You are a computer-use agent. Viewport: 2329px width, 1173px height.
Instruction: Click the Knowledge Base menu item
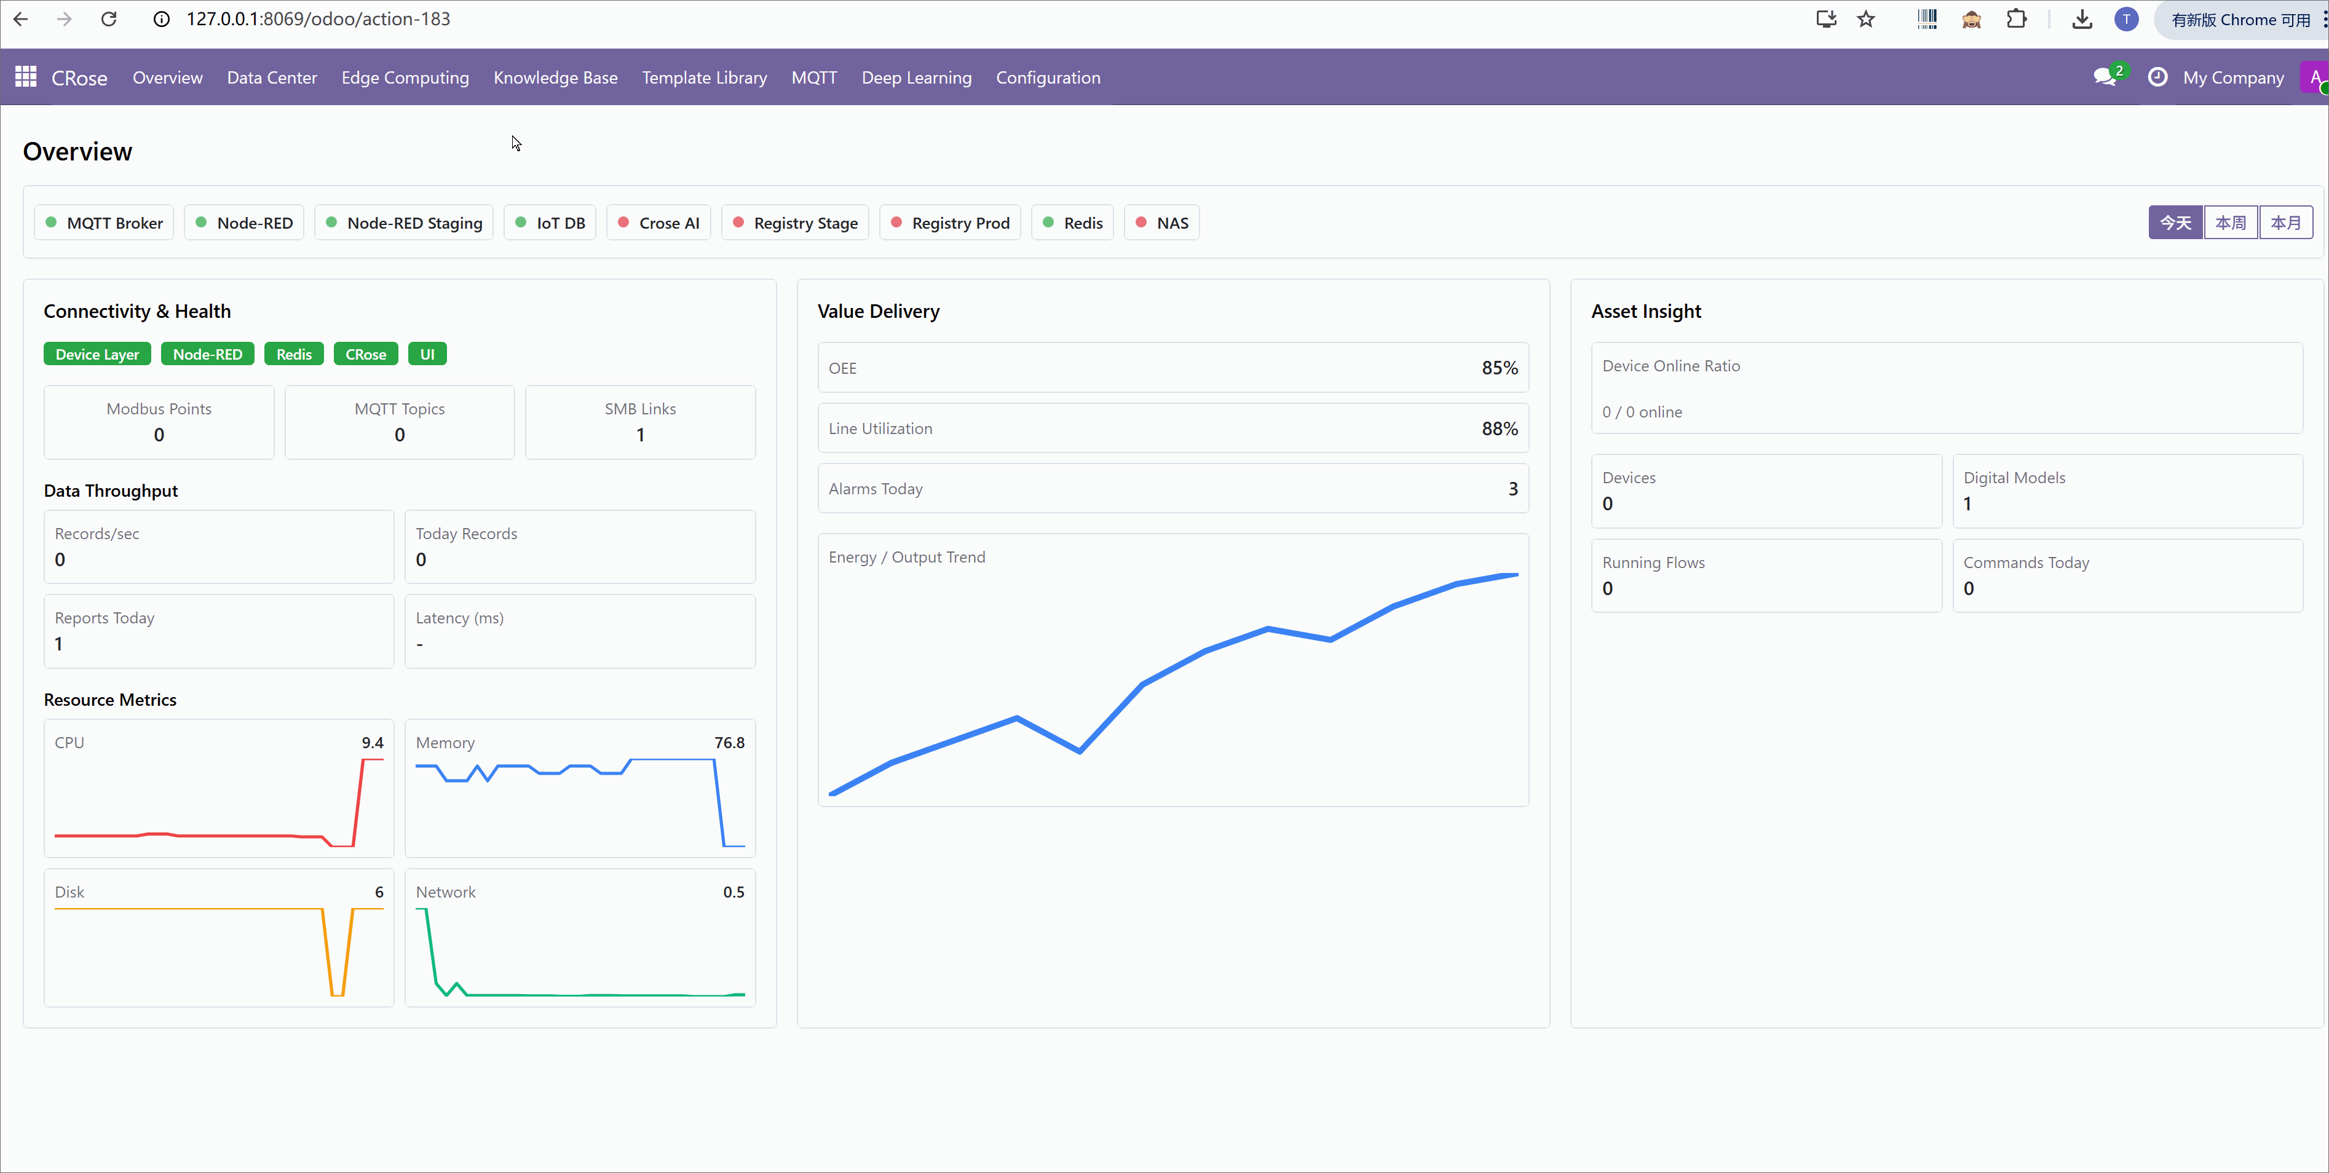click(x=555, y=77)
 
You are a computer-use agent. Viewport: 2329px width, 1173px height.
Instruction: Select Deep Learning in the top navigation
click(x=916, y=77)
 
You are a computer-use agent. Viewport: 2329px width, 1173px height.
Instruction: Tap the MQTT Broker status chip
click(x=104, y=223)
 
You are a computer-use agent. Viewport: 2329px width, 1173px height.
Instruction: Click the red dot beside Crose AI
click(x=623, y=223)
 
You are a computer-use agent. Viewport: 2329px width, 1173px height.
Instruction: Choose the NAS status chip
click(x=1162, y=223)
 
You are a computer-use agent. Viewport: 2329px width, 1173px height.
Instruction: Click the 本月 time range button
click(x=2285, y=223)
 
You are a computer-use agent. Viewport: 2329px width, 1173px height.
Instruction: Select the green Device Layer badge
click(x=97, y=354)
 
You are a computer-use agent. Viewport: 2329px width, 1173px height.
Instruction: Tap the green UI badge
click(x=427, y=354)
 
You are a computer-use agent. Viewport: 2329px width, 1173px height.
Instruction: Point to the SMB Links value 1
click(x=640, y=435)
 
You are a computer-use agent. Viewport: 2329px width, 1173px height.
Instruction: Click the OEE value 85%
click(x=1499, y=368)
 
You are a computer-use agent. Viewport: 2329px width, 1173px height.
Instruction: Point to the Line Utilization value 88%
click(x=1499, y=429)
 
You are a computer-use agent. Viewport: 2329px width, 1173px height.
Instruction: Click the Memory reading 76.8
click(x=729, y=743)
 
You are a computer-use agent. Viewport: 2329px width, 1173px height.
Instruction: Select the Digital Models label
click(x=2014, y=477)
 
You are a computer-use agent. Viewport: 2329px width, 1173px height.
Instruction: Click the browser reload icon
click(x=108, y=19)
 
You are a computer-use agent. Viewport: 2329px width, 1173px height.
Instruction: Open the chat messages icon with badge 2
click(x=2105, y=77)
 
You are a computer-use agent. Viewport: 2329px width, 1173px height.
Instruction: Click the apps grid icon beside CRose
click(x=25, y=77)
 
